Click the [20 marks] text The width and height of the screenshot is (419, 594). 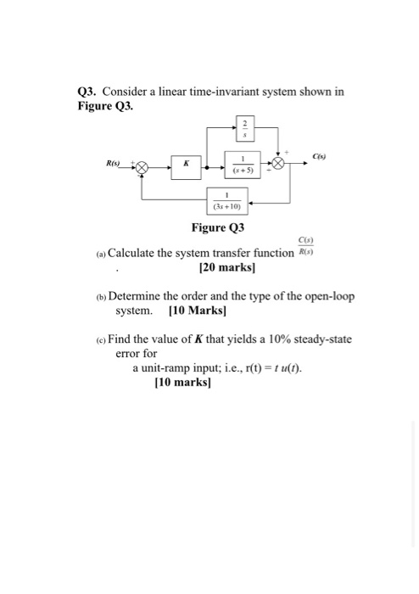coord(226,268)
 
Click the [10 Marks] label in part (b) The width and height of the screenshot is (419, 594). coord(197,311)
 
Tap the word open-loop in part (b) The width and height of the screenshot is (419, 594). coord(326,297)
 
